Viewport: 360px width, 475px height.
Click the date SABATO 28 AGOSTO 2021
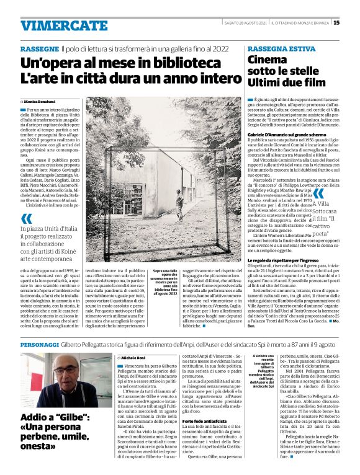(246, 24)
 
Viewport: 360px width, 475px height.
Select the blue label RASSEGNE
(39, 48)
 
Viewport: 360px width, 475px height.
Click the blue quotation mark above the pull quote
(26, 218)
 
